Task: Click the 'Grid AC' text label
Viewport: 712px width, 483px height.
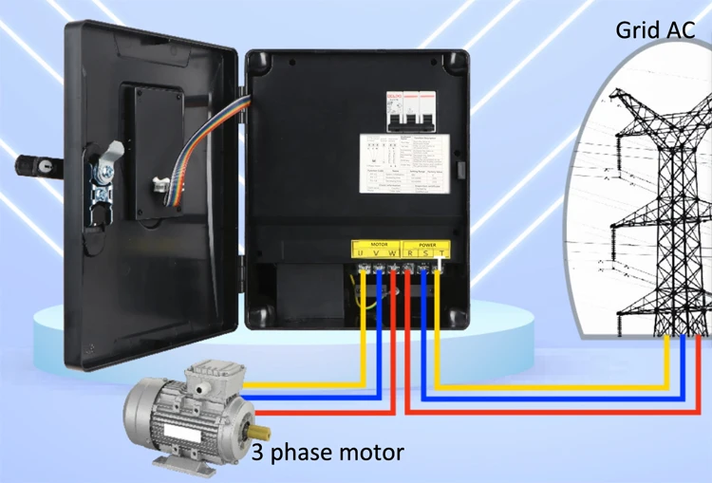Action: [x=656, y=28]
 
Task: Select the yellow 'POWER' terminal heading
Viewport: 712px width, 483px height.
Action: [x=425, y=244]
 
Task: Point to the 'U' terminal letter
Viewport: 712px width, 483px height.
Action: [x=359, y=254]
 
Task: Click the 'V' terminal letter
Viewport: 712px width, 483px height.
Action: [x=375, y=254]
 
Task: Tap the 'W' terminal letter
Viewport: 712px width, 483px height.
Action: [x=391, y=254]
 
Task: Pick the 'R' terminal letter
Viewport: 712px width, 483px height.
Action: [x=409, y=254]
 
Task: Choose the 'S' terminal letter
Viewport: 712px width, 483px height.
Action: [x=424, y=254]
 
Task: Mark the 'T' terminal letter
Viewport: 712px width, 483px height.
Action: [x=440, y=254]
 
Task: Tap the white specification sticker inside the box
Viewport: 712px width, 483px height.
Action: [x=403, y=164]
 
